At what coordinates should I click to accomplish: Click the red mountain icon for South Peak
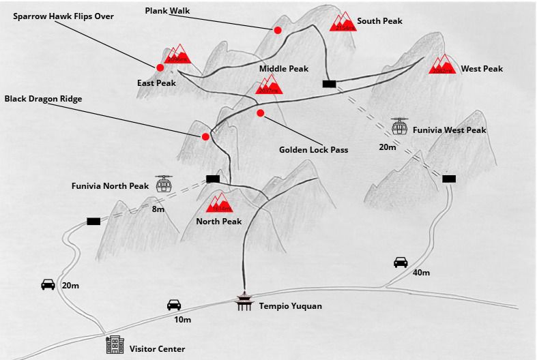pyautogui.click(x=343, y=22)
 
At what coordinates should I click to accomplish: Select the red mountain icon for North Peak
pyautogui.click(x=220, y=202)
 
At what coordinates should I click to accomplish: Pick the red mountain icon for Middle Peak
pyautogui.click(x=268, y=85)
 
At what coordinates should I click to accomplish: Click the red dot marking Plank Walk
pyautogui.click(x=278, y=30)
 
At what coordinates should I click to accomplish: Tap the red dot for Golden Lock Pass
pyautogui.click(x=260, y=112)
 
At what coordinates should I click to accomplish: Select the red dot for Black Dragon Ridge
pyautogui.click(x=205, y=136)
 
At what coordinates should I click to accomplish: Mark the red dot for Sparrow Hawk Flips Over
pyautogui.click(x=160, y=67)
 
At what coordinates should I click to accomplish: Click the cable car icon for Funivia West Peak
pyautogui.click(x=400, y=126)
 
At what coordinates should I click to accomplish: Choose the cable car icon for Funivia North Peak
pyautogui.click(x=164, y=183)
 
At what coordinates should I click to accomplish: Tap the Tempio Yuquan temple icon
pyautogui.click(x=243, y=302)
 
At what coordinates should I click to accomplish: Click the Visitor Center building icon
pyautogui.click(x=115, y=345)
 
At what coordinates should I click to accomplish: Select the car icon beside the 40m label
pyautogui.click(x=401, y=262)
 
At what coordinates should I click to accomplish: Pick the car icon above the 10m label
pyautogui.click(x=174, y=305)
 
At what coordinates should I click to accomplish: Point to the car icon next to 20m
pyautogui.click(x=48, y=284)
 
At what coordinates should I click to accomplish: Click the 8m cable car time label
pyautogui.click(x=158, y=209)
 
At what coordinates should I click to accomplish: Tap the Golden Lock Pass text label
pyautogui.click(x=314, y=149)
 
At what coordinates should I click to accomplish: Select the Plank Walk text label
pyautogui.click(x=167, y=11)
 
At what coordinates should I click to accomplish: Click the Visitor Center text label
pyautogui.click(x=157, y=349)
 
